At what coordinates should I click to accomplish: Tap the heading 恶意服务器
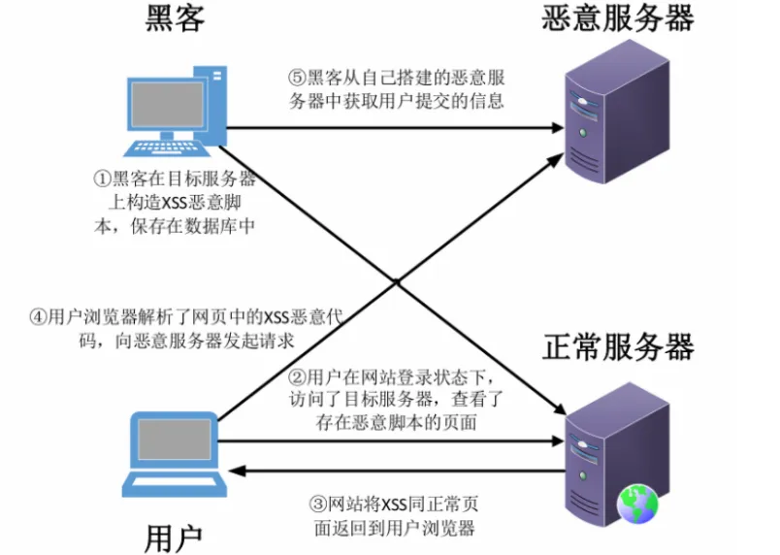tap(618, 20)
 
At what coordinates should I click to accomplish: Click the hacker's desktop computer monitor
tap(167, 104)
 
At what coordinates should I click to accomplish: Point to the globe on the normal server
tap(637, 503)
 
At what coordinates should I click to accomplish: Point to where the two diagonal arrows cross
tap(397, 281)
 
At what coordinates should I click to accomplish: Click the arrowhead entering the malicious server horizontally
tap(557, 126)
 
